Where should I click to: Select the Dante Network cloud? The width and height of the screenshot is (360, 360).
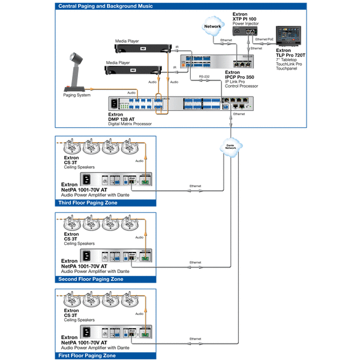[x=229, y=146]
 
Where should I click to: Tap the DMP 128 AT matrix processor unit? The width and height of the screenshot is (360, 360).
[x=180, y=104]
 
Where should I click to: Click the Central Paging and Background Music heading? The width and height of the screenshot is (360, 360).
[x=105, y=6]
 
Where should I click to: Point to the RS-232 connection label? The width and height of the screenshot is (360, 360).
[x=204, y=77]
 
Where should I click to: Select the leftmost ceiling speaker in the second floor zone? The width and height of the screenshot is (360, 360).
[x=72, y=223]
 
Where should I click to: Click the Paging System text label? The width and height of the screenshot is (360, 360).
[x=77, y=95]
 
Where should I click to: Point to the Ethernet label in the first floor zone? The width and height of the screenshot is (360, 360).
[x=195, y=339]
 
